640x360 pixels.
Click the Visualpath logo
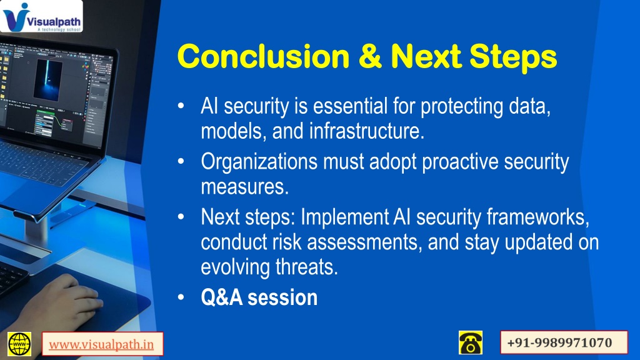[x=41, y=16]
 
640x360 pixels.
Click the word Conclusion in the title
[x=264, y=56]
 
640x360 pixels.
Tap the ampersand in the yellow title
[x=371, y=56]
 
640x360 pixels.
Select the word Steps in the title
[x=513, y=57]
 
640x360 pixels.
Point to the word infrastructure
[x=367, y=131]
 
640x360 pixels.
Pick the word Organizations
[x=259, y=162]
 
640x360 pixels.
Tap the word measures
[x=245, y=187]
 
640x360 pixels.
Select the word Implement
[x=345, y=217]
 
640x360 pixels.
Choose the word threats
[x=307, y=267]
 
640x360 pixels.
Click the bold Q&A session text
[x=259, y=297]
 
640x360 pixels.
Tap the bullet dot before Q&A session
[x=181, y=297]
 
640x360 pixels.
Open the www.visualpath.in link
[x=102, y=344]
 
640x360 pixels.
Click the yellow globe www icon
[x=19, y=344]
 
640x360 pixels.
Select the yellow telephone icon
[x=471, y=342]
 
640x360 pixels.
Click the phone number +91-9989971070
[x=559, y=342]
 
